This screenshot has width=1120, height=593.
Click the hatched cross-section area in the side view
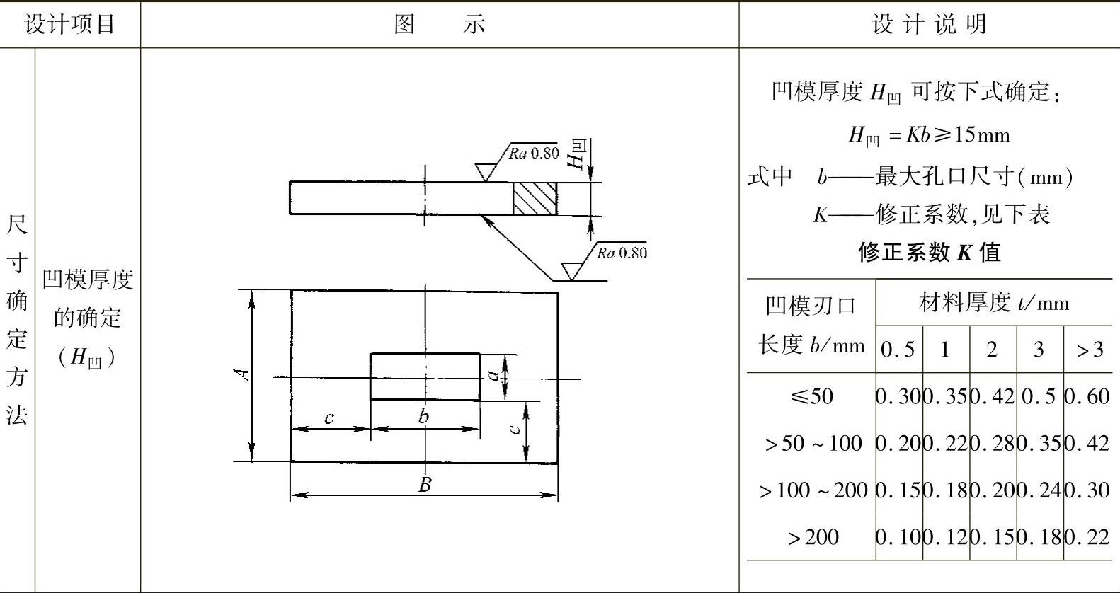pos(535,198)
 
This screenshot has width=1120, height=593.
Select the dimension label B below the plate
pos(425,485)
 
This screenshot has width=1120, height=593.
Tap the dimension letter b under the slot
pos(423,416)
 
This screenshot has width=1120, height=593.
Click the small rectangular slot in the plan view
pos(425,376)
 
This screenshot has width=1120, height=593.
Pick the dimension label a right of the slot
pos(493,376)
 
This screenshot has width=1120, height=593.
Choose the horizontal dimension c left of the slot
pos(329,418)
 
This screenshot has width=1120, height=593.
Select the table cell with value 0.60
pos(1087,396)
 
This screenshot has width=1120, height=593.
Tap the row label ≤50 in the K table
pos(811,396)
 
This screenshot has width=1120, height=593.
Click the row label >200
pos(813,537)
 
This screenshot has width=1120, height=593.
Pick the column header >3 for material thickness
pos(1089,350)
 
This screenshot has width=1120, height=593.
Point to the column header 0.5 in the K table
pos(898,350)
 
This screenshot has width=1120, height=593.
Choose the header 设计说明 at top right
pos(929,25)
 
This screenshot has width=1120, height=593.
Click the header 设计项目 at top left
pos(69,25)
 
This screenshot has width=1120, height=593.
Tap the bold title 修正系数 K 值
pos(929,252)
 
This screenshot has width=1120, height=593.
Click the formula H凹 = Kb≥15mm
pos(929,134)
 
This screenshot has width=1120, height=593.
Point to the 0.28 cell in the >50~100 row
pos(992,444)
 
